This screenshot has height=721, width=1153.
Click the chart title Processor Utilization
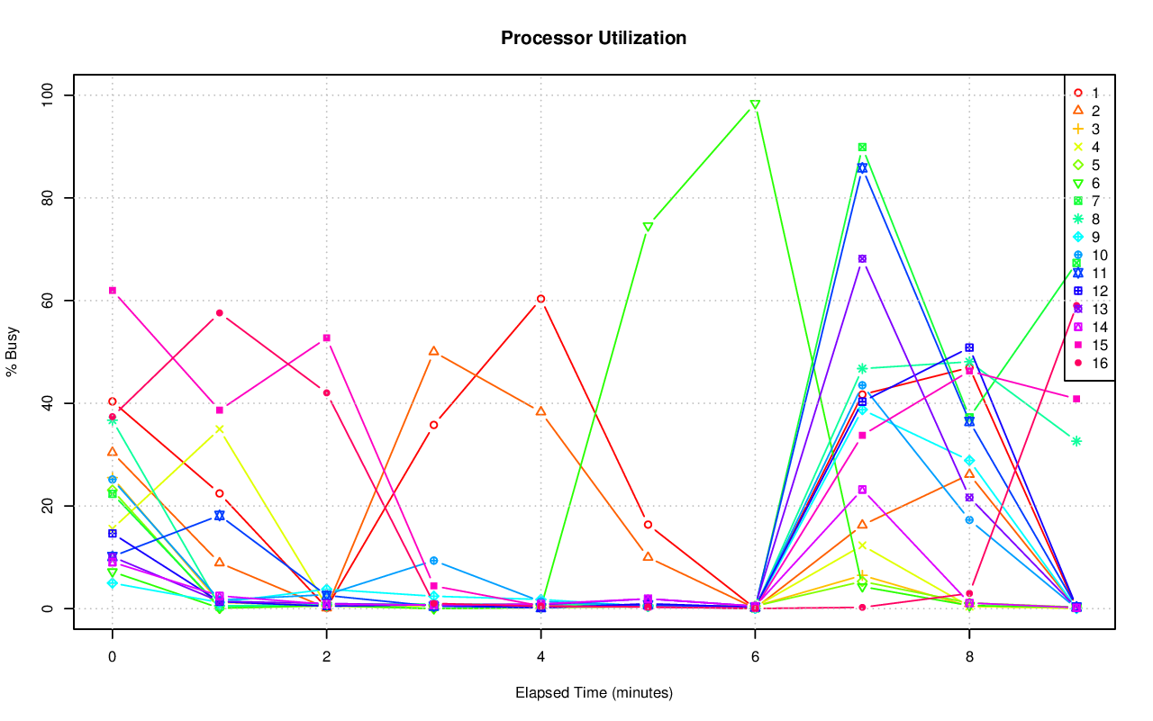(594, 38)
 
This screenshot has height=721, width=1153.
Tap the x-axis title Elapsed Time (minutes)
(594, 693)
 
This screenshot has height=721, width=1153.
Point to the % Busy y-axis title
(14, 352)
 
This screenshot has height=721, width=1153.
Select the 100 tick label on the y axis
(49, 95)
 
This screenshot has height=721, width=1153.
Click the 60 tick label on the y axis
(49, 301)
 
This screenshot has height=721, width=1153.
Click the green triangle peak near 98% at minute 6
(755, 105)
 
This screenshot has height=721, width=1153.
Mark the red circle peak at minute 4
(540, 299)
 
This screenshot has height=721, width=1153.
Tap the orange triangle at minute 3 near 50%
(433, 351)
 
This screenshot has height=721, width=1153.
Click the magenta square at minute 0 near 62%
(113, 291)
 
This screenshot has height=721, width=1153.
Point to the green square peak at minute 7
(862, 148)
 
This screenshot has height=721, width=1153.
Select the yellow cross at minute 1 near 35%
(219, 429)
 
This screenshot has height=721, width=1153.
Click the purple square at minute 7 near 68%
(862, 259)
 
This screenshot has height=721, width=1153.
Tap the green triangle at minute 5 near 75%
(648, 227)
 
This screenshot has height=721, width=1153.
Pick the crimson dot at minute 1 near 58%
(219, 313)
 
